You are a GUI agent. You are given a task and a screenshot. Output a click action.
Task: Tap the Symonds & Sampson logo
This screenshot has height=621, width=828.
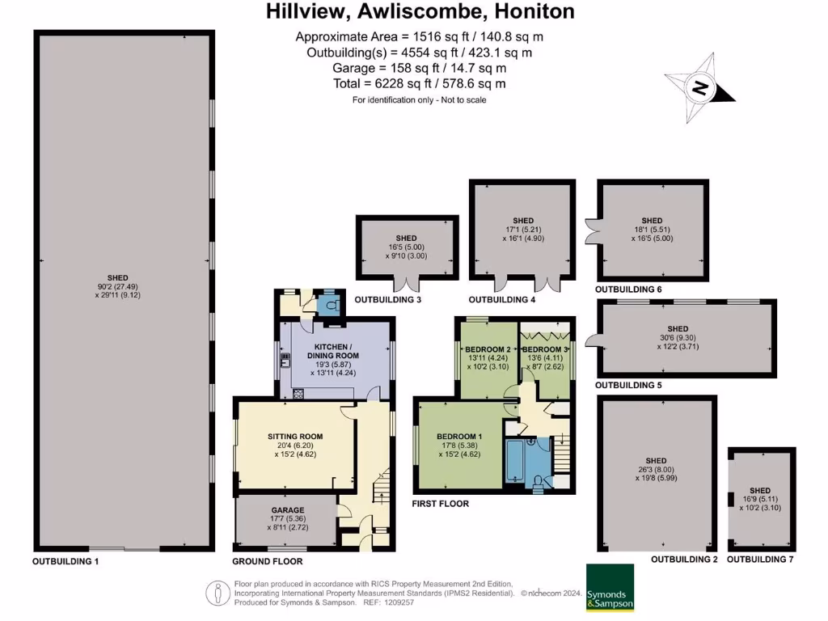(610, 588)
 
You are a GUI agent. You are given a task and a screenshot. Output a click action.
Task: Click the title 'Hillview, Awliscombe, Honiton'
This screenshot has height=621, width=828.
(420, 11)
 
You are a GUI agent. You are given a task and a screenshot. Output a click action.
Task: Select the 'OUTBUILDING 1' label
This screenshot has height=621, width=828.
(65, 560)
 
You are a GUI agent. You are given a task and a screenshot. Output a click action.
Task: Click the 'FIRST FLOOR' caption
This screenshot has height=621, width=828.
(441, 504)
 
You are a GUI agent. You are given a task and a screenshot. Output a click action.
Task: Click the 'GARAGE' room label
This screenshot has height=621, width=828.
(287, 510)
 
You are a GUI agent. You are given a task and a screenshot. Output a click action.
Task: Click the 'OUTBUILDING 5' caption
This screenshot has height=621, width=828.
(628, 386)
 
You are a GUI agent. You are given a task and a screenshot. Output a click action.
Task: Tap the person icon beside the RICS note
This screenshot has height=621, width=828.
(218, 594)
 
